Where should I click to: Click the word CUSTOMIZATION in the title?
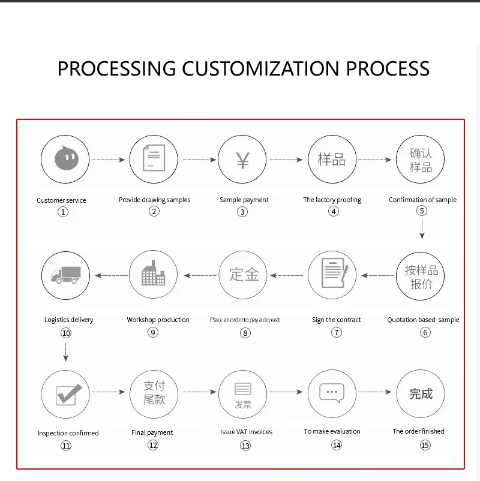tap(262, 68)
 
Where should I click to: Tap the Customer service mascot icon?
tap(65, 160)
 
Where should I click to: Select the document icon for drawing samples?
tap(154, 160)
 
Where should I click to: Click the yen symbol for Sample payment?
tap(242, 160)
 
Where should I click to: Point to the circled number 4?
tap(334, 211)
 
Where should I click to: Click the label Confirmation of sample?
tap(422, 200)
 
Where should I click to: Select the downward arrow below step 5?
tap(422, 229)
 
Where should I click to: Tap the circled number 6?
tap(425, 332)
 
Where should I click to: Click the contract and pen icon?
tap(332, 275)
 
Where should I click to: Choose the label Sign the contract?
tap(336, 320)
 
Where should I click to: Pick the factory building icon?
tap(154, 275)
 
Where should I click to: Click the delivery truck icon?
tap(65, 275)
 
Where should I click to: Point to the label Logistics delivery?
tap(69, 320)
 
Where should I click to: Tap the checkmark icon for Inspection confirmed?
tap(65, 395)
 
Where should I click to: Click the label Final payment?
tap(152, 432)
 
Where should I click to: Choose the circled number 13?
tap(245, 445)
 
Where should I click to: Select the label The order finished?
tap(418, 431)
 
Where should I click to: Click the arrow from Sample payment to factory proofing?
tap(286, 160)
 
